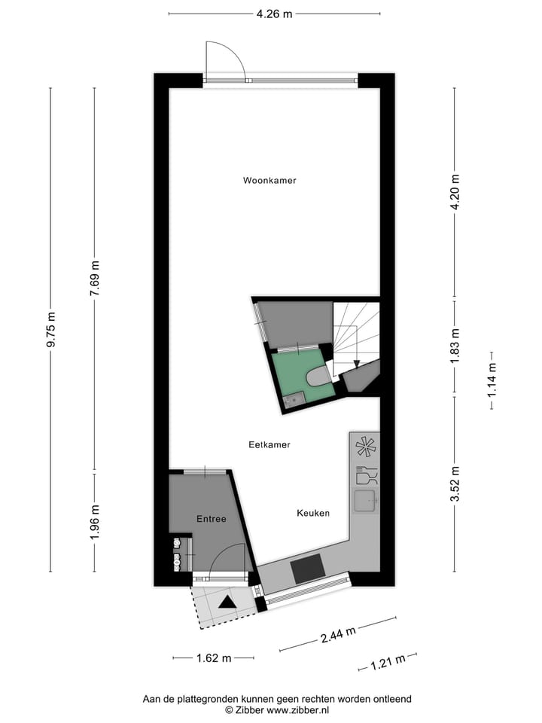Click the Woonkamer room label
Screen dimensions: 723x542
click(x=269, y=181)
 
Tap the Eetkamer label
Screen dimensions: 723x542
click(x=269, y=445)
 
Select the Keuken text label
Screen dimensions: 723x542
click(x=313, y=513)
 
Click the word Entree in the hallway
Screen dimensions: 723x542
click(x=212, y=519)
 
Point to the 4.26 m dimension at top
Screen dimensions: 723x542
click(x=274, y=13)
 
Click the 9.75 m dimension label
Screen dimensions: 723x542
click(x=50, y=330)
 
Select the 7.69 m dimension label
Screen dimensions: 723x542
click(x=94, y=279)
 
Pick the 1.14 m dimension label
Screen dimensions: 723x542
click(x=491, y=380)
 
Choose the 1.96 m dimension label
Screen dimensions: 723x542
click(x=94, y=522)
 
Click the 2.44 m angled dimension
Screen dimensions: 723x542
click(x=338, y=635)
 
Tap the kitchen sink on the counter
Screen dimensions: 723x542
click(x=367, y=499)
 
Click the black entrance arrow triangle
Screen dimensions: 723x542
click(x=227, y=601)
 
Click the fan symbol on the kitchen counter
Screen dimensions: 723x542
click(x=365, y=447)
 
